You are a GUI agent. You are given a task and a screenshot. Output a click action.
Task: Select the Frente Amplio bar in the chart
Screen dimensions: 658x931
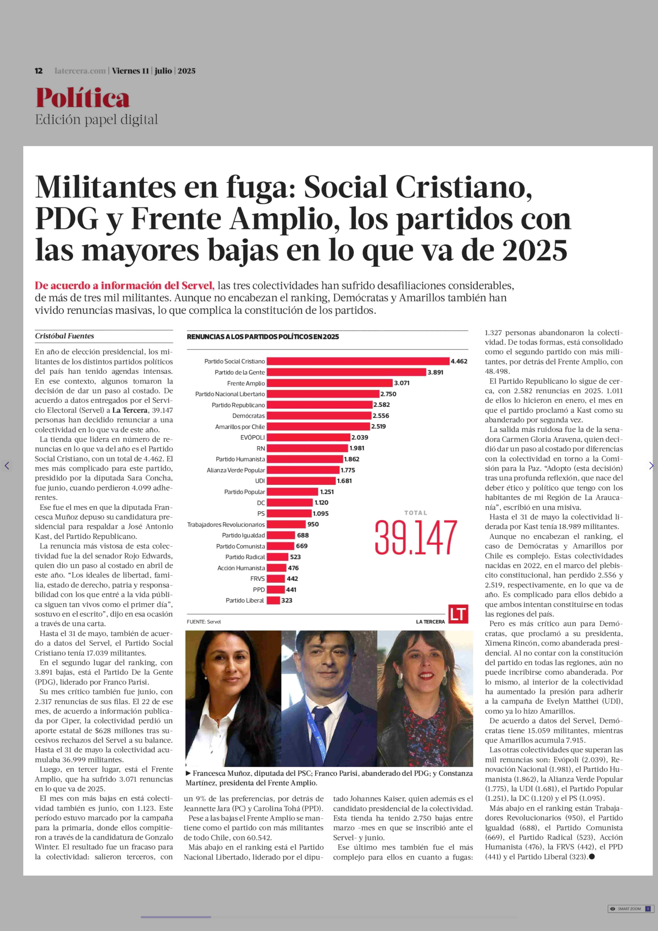(x=330, y=383)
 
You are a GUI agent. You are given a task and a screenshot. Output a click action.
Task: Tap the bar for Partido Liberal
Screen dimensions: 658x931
(x=273, y=600)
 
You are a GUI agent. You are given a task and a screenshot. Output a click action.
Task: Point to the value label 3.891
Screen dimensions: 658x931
(x=436, y=372)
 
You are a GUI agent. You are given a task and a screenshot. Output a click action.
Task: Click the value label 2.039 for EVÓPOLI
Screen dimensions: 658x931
(x=360, y=437)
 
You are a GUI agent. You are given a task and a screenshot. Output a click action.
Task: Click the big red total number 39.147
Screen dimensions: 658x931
(x=416, y=538)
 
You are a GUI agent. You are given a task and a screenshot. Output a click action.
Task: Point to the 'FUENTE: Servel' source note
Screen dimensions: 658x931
(x=204, y=622)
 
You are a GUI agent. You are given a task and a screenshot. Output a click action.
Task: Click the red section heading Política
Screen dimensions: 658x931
(x=83, y=98)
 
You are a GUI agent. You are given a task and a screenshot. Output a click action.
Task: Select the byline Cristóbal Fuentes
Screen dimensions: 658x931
(x=64, y=336)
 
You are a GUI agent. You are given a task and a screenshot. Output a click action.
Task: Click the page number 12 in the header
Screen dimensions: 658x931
(x=38, y=71)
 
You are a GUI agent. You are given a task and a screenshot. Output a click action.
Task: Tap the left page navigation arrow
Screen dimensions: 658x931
(x=7, y=466)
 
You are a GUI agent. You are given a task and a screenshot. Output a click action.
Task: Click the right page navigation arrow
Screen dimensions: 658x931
(x=651, y=466)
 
